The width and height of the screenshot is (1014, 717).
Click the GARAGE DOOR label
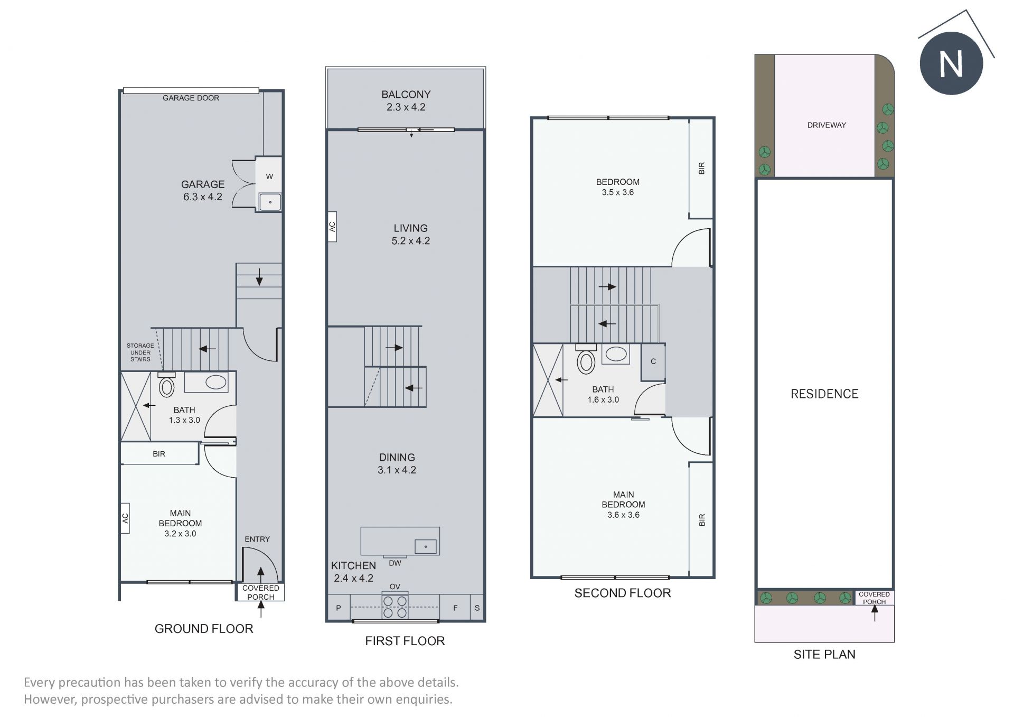tap(191, 98)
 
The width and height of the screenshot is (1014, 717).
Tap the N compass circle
tap(951, 63)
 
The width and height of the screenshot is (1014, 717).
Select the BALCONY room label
tap(406, 95)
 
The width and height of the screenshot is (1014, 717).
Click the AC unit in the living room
tap(332, 227)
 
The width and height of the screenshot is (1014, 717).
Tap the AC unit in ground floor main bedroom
tap(125, 518)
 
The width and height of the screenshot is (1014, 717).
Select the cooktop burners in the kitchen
tap(395, 607)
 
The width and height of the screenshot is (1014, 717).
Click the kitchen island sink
tap(426, 546)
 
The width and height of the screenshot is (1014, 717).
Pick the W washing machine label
tap(269, 176)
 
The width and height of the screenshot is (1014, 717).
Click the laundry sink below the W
tap(270, 202)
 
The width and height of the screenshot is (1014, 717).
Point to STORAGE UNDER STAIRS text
tap(140, 352)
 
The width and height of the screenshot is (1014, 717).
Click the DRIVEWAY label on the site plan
tap(827, 125)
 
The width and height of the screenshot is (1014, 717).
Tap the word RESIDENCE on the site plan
tap(824, 394)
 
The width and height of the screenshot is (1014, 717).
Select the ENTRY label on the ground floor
tap(257, 539)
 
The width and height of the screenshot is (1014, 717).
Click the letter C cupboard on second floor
tap(653, 361)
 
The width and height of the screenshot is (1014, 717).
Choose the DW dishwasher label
tap(395, 563)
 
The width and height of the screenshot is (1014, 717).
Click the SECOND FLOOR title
tap(623, 593)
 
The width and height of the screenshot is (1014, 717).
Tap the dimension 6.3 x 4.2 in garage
tap(203, 197)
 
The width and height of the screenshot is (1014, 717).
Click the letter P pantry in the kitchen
tap(339, 608)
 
